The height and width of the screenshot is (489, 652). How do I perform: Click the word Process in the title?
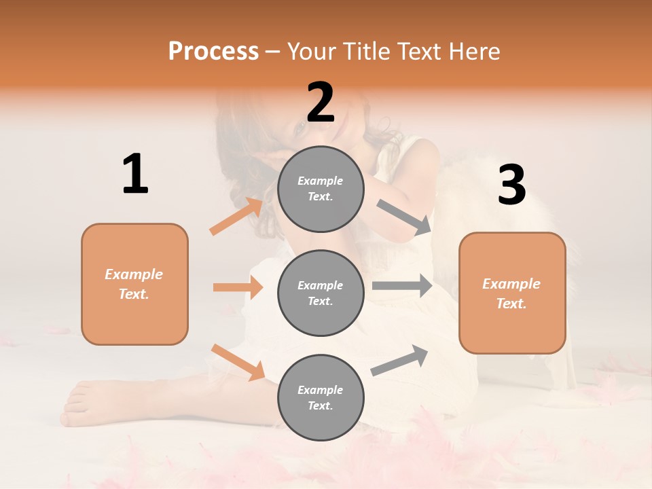point(213,51)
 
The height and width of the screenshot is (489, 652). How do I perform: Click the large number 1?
point(135,175)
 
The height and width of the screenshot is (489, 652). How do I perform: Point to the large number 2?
point(321,102)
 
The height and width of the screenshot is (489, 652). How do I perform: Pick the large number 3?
point(511,185)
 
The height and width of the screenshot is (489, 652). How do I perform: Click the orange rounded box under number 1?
point(134,284)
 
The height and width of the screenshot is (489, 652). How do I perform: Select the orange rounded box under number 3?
point(512,293)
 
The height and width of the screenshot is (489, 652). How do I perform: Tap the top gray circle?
point(321,189)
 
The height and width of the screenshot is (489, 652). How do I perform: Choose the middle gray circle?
point(321,293)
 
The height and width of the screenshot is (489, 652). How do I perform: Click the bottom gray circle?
point(321,397)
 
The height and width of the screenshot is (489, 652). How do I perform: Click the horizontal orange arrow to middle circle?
point(238,287)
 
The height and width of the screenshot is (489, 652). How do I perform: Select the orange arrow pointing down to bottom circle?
point(238,362)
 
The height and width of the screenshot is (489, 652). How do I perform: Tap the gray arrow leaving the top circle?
point(403,217)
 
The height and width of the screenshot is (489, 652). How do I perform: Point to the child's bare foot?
point(88,405)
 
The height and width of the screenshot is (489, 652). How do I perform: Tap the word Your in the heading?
point(312,51)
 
